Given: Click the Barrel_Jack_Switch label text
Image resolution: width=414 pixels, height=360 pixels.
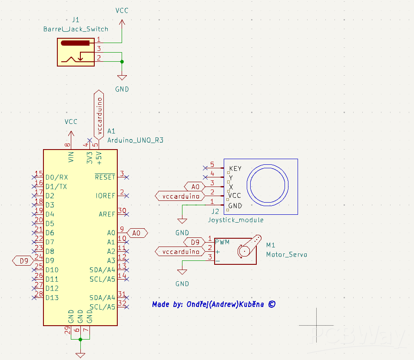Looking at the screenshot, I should tap(76, 29).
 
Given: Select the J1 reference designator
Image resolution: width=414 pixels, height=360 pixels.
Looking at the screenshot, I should tap(76, 20).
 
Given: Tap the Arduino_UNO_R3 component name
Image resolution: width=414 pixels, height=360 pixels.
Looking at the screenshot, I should tap(135, 140).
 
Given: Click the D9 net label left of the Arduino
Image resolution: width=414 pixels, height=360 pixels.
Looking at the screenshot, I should tap(24, 261).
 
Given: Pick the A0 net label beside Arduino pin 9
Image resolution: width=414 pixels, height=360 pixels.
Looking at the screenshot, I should tap(137, 233).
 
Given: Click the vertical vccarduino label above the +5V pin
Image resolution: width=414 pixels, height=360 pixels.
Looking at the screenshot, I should tap(99, 114).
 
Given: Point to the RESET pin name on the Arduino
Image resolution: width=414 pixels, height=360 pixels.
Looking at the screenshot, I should tap(105, 177).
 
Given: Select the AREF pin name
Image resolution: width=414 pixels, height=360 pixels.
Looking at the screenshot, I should tap(107, 214).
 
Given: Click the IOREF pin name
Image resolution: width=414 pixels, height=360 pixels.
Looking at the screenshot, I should tap(106, 196).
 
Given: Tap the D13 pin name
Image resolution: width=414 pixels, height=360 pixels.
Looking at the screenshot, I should tap(52, 298).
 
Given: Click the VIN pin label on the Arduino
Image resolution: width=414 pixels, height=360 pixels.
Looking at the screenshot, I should tap(71, 157).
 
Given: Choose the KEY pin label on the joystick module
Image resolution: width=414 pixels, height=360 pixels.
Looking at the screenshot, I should tap(235, 169).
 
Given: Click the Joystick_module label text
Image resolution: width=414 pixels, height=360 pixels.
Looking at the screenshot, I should tap(235, 220).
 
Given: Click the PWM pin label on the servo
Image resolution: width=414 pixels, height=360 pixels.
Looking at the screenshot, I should tap(222, 242).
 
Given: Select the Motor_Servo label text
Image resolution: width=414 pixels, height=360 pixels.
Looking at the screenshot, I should tap(286, 255).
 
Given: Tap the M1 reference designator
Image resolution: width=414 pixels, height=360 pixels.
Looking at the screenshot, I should tap(271, 245).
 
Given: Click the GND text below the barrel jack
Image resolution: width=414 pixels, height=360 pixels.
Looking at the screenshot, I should tap(122, 89).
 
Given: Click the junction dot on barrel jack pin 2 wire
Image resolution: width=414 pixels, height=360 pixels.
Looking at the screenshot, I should tap(122, 61).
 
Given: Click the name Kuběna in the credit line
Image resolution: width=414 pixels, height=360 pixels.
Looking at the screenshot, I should tap(252, 304).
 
